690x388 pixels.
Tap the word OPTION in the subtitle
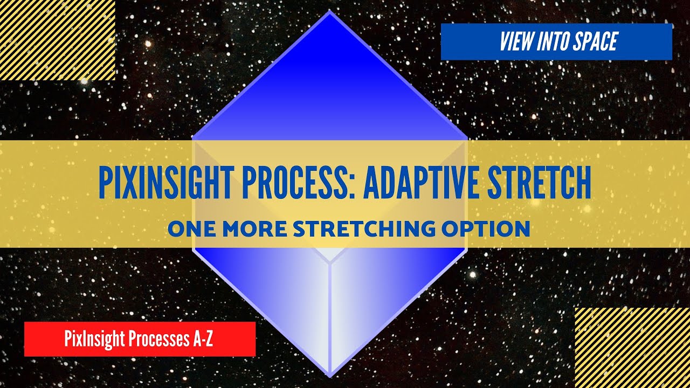click(486, 229)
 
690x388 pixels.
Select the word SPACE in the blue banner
click(594, 42)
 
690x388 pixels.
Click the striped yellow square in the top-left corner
click(57, 40)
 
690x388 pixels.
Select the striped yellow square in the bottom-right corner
click(632, 348)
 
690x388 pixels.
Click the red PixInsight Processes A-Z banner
click(140, 339)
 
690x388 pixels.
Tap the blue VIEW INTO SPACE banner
click(556, 42)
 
